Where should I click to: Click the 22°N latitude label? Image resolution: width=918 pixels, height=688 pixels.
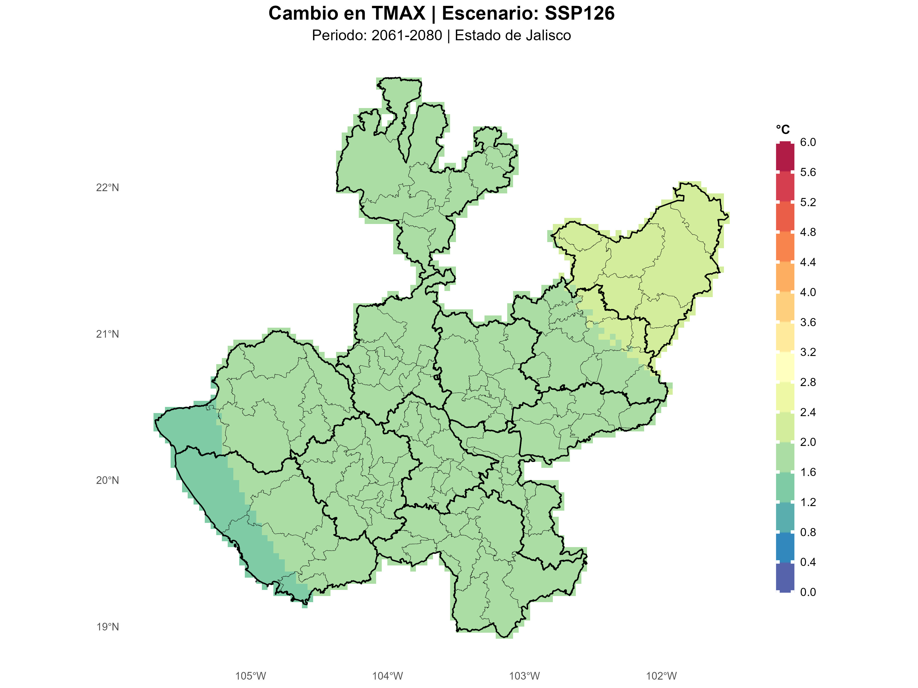tap(108, 188)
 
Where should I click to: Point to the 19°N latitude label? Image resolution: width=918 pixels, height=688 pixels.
tap(108, 627)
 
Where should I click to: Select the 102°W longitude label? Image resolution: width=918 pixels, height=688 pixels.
tap(661, 676)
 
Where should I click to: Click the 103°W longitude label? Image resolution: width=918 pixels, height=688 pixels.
tap(524, 676)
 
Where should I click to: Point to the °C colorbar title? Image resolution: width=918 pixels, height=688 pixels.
tap(783, 130)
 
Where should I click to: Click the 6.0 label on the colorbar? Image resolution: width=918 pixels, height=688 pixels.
tap(808, 142)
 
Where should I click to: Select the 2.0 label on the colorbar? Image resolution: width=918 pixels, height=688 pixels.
tap(808, 442)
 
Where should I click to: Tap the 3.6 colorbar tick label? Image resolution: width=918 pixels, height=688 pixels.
tap(808, 322)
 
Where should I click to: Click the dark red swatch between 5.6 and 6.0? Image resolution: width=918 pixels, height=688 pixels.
tap(785, 157)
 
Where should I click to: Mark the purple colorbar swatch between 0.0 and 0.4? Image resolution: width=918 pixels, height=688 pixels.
tap(785, 577)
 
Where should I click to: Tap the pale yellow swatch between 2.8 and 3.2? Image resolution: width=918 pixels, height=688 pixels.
tap(785, 367)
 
